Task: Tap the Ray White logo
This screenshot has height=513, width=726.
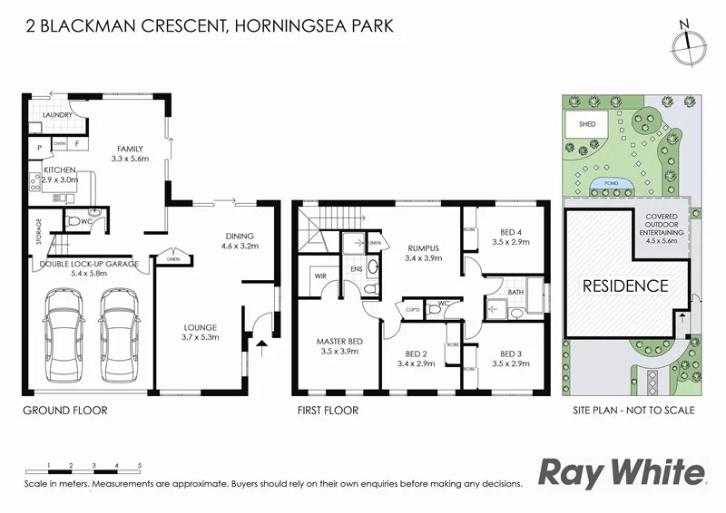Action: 622,472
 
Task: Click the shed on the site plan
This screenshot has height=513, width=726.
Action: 582,124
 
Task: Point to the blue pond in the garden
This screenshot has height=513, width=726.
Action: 605,186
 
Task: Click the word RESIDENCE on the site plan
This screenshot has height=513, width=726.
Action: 624,286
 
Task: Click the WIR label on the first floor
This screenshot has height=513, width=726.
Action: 320,274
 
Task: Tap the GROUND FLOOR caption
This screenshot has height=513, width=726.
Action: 64,411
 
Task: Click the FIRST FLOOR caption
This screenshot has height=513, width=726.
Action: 328,411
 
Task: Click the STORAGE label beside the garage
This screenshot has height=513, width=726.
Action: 38,230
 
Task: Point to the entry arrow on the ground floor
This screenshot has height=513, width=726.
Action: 263,344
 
